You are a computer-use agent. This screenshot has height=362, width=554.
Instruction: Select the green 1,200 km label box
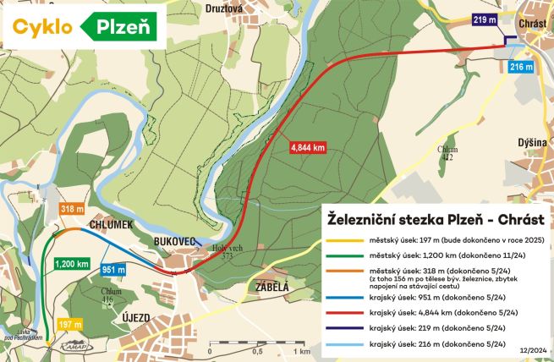pyautogui.click(x=72, y=264)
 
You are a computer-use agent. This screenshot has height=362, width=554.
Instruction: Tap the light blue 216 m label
pyautogui.click(x=522, y=67)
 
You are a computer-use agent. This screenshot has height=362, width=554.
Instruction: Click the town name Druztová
pyautogui.click(x=225, y=8)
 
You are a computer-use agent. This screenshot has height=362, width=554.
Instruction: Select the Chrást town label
pyautogui.click(x=534, y=23)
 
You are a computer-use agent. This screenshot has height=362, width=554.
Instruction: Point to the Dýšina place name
pyautogui.click(x=533, y=144)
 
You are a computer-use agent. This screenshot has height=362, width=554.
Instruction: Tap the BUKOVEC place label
pyautogui.click(x=175, y=241)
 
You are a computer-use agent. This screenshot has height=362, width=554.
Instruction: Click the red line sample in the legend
pyautogui.click(x=340, y=312)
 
